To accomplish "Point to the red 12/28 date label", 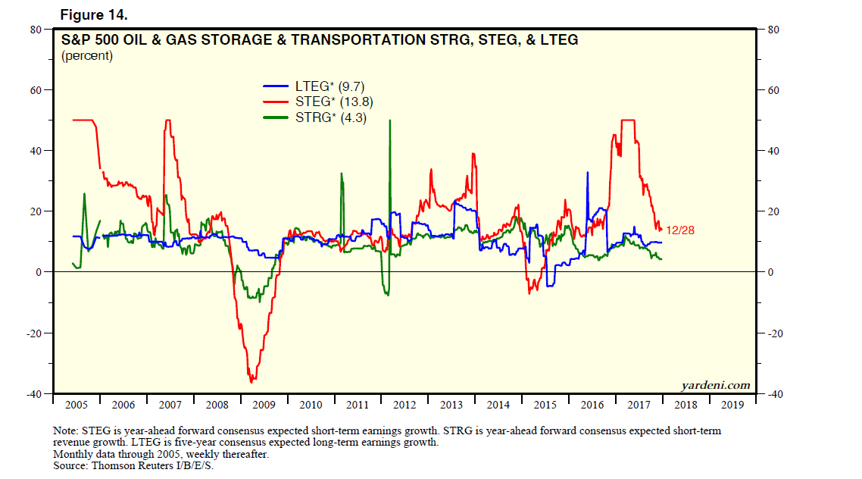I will pyautogui.click(x=679, y=230).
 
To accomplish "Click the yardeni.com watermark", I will pyautogui.click(x=714, y=385).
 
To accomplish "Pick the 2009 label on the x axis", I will pyautogui.click(x=264, y=404).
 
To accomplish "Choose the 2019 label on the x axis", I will pyautogui.click(x=732, y=404).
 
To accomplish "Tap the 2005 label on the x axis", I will pyautogui.click(x=77, y=404).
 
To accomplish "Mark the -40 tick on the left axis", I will pyautogui.click(x=33, y=394).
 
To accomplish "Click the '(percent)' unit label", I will pyautogui.click(x=87, y=56).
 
